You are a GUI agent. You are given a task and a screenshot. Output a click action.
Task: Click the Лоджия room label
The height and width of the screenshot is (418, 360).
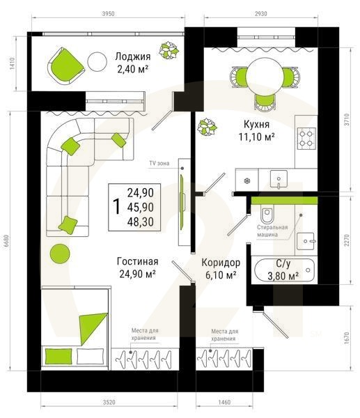133,56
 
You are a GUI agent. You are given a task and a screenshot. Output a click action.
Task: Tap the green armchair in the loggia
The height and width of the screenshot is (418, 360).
66,66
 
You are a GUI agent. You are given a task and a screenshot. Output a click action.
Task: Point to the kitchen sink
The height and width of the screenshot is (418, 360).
279,180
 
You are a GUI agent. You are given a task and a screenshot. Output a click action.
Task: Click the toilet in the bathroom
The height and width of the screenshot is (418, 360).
267,215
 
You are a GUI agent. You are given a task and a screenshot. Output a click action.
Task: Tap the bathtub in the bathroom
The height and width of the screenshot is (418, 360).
284,270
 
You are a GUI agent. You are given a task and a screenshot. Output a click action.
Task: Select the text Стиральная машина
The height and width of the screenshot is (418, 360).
272,231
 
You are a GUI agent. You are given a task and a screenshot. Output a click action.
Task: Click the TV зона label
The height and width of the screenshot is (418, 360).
159,163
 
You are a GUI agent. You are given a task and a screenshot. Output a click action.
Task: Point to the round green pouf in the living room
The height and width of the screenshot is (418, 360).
60,254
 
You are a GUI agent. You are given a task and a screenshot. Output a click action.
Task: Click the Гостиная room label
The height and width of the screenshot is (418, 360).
137,261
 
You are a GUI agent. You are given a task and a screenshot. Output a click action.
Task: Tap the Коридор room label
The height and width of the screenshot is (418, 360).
221,263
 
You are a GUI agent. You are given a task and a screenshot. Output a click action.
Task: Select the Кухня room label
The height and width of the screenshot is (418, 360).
257,124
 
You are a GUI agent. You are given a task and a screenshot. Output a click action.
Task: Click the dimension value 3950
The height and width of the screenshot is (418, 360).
108,14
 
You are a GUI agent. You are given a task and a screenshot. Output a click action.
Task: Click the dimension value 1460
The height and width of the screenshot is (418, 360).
224,402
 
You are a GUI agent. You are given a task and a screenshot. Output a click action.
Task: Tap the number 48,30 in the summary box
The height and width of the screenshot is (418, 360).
141,222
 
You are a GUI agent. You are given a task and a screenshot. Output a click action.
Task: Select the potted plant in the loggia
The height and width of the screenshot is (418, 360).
169,50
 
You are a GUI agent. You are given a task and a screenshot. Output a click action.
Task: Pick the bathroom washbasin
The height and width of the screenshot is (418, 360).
306,241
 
